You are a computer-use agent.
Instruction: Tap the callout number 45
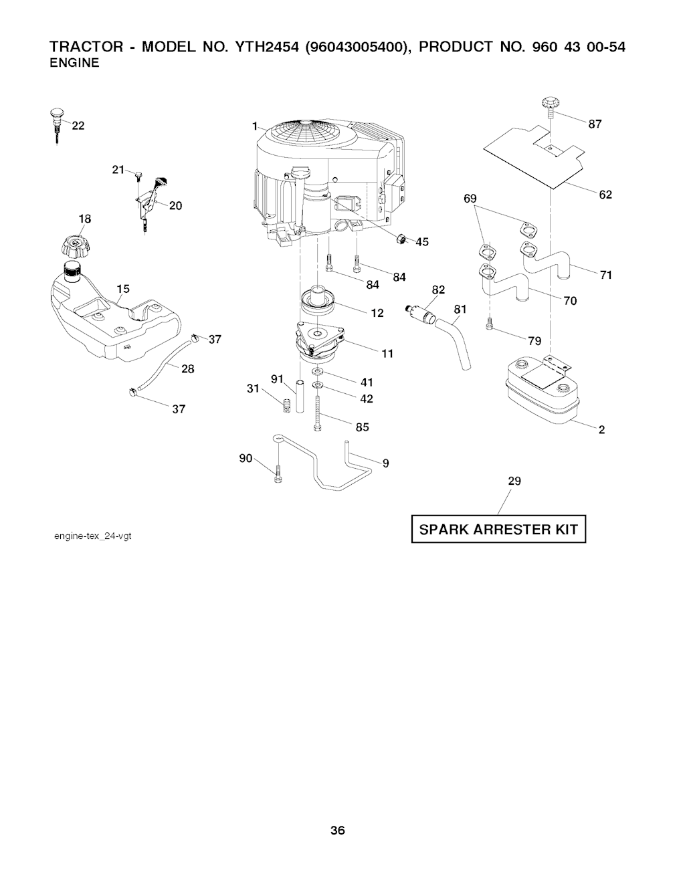422,242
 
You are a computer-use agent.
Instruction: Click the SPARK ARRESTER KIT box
498,530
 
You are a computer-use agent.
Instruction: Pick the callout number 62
605,195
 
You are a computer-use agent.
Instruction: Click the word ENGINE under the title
74,63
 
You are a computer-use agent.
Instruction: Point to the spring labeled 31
287,405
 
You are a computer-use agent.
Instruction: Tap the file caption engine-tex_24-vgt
93,537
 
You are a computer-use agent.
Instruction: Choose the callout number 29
514,481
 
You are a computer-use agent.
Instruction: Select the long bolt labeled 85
317,414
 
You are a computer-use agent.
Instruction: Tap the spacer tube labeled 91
300,396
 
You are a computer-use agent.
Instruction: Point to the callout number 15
123,289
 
